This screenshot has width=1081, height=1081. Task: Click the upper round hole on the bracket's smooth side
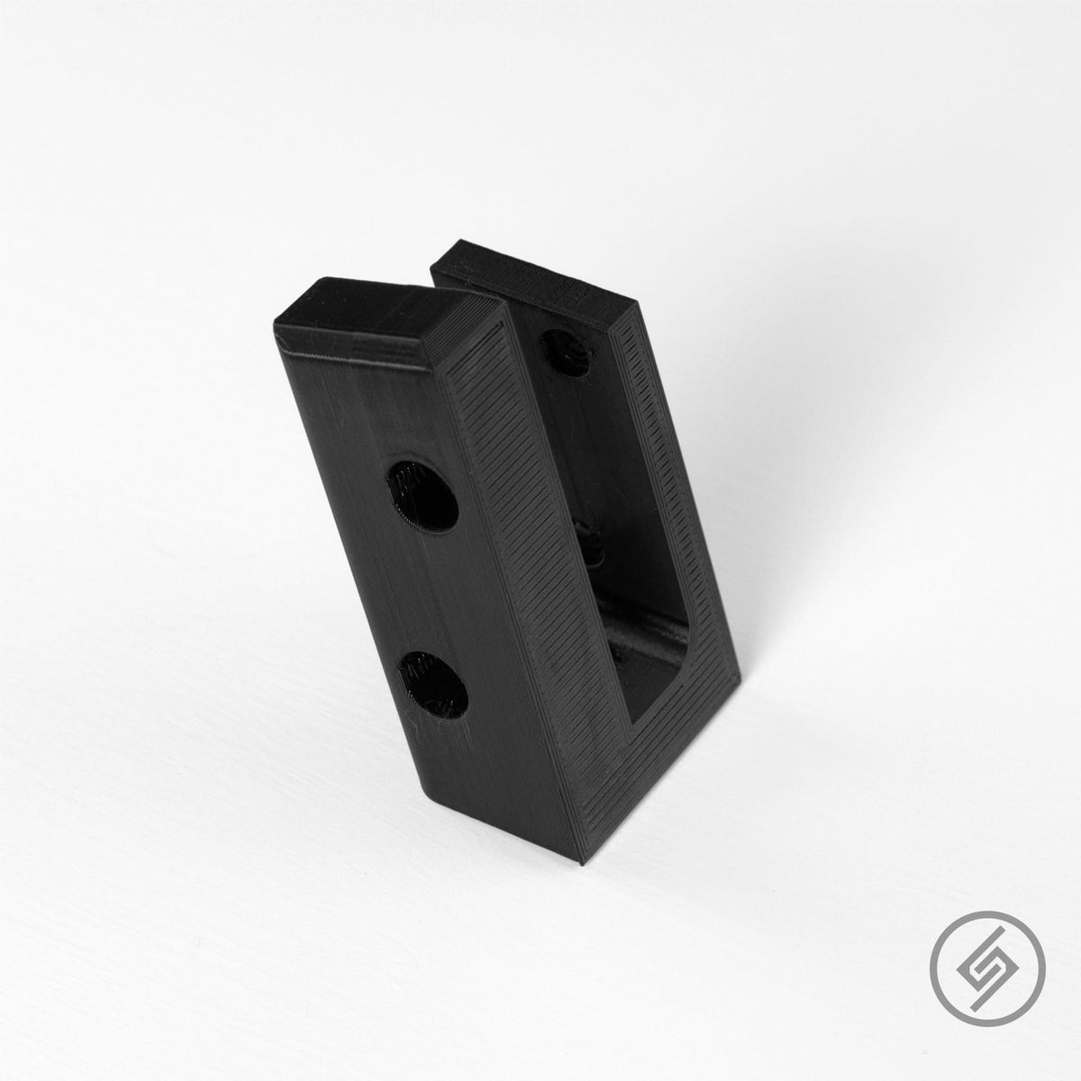coord(419,495)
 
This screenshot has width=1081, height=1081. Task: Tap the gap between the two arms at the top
coord(468,288)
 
